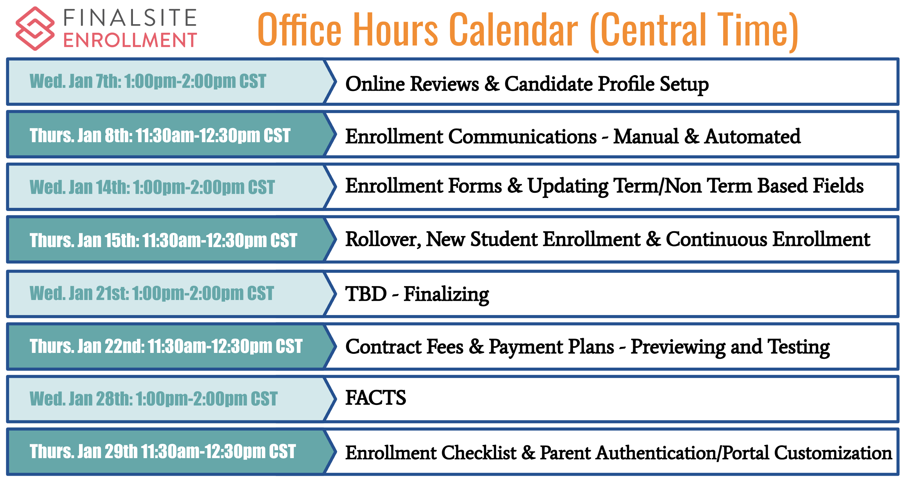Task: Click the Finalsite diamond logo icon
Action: pyautogui.click(x=35, y=28)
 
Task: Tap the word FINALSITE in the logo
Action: pyautogui.click(x=130, y=18)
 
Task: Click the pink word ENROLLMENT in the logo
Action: pyautogui.click(x=130, y=40)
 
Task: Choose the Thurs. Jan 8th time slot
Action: pyautogui.click(x=160, y=135)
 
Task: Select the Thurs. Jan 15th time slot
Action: pyautogui.click(x=163, y=241)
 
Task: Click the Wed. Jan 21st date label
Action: pyautogui.click(x=151, y=293)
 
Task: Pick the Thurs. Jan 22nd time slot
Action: pyautogui.click(x=166, y=346)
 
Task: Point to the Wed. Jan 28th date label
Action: pyautogui.click(x=153, y=399)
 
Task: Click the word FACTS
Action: pyautogui.click(x=376, y=398)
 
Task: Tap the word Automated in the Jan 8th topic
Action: pyautogui.click(x=752, y=136)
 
